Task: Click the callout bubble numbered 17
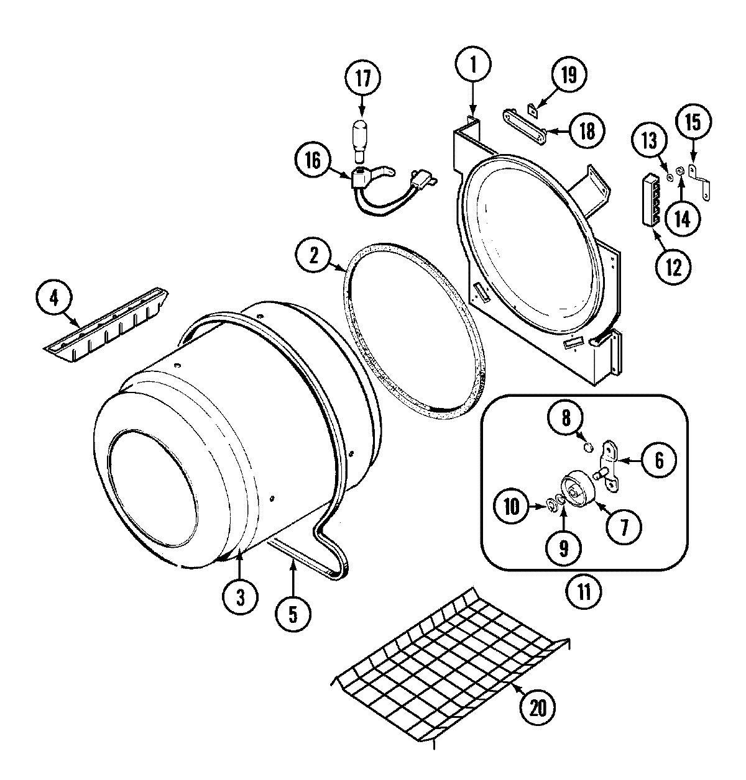pos(362,79)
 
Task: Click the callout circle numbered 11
pos(583,589)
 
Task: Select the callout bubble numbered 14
pos(682,219)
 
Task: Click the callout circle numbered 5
pos(292,614)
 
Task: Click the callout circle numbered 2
pos(315,256)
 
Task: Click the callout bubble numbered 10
pos(511,507)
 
